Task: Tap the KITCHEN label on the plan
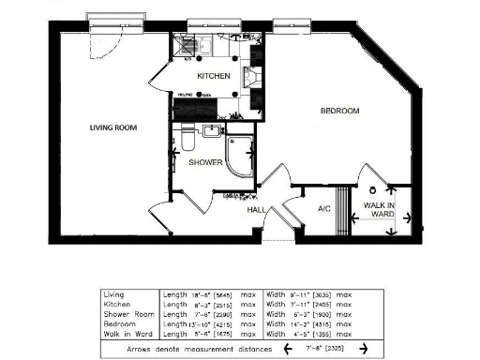(x=214, y=75)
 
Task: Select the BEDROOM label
(x=339, y=112)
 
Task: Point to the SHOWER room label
(x=205, y=162)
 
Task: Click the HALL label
(x=258, y=210)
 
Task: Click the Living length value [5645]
(x=224, y=294)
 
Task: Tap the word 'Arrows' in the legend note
(x=142, y=348)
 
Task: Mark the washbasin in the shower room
(x=212, y=130)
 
